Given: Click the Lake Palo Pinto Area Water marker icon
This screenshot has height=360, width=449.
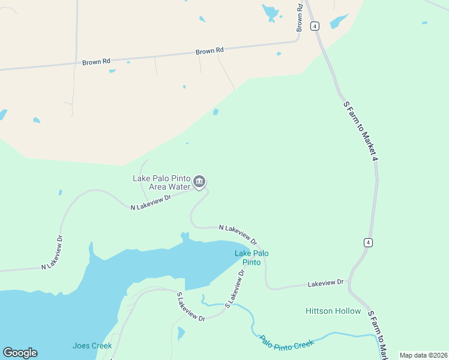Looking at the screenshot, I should [200, 181].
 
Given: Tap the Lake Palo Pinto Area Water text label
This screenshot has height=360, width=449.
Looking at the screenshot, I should [161, 183].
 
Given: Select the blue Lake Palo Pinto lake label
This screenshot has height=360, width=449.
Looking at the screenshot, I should [252, 257].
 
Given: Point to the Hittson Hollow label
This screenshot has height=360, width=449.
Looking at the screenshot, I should [333, 311].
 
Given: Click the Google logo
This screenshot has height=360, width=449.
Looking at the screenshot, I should [20, 353].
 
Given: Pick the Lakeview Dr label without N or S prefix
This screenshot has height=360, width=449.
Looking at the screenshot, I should [325, 282].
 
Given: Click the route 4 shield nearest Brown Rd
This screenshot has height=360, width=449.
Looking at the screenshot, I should [315, 26].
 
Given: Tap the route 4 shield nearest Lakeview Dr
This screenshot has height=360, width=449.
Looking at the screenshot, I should [368, 242].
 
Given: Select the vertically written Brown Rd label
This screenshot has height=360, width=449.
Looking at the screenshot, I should [300, 17].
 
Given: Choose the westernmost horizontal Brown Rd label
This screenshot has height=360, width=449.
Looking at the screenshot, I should [97, 61].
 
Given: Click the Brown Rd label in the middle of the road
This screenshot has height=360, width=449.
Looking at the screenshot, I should [209, 52].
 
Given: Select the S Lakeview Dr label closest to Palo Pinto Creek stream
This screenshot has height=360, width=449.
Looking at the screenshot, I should [235, 289].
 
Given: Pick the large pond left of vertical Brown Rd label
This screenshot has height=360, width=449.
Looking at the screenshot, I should [271, 12].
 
